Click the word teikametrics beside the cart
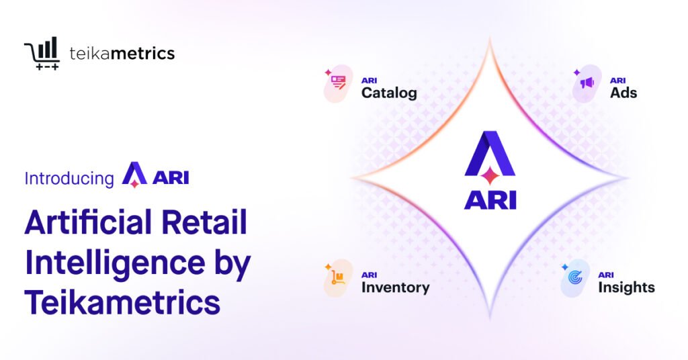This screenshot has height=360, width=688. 122,54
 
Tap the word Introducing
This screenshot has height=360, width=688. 69,178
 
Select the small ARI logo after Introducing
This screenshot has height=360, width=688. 155,176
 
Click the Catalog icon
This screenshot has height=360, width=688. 339,84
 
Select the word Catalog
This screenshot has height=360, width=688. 389,93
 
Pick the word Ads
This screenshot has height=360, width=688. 623,93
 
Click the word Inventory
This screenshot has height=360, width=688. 395,287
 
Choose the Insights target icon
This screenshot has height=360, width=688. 576,277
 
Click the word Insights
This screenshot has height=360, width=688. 626,287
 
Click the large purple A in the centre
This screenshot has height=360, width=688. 490,156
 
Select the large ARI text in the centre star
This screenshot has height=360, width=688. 490,200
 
